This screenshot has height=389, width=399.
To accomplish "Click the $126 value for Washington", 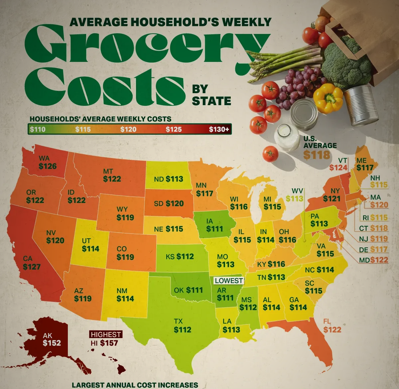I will pyautogui.click(x=48, y=166).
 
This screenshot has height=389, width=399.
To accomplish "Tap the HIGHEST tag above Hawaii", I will pyautogui.click(x=106, y=334).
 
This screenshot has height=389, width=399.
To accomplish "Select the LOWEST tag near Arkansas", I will pyautogui.click(x=229, y=281).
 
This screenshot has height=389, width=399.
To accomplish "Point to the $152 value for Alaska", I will pyautogui.click(x=52, y=343).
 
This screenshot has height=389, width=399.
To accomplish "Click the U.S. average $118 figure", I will pyautogui.click(x=317, y=155).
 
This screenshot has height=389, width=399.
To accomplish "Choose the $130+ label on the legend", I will pyautogui.click(x=219, y=129).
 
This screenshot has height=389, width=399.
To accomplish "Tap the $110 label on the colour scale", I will pyautogui.click(x=38, y=129).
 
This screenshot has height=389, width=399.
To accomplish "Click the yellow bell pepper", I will pyautogui.click(x=328, y=97).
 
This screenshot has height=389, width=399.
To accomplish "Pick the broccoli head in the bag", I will pyautogui.click(x=346, y=63).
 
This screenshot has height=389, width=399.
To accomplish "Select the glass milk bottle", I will pyautogui.click(x=287, y=137).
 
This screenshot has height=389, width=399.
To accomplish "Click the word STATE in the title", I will pyautogui.click(x=211, y=101).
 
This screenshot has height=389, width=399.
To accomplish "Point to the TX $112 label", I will pyautogui.click(x=182, y=326).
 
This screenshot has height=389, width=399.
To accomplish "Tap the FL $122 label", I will pyautogui.click(x=332, y=326).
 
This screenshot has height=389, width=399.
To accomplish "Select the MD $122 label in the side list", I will pyautogui.click(x=373, y=260).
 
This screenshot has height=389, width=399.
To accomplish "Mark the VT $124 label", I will pyautogui.click(x=338, y=164).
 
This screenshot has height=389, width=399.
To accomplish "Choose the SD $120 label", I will pyautogui.click(x=169, y=203).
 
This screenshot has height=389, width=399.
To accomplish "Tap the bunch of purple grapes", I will pyautogui.click(x=301, y=85).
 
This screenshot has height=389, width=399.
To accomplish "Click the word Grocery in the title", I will pyautogui.click(x=146, y=47).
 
